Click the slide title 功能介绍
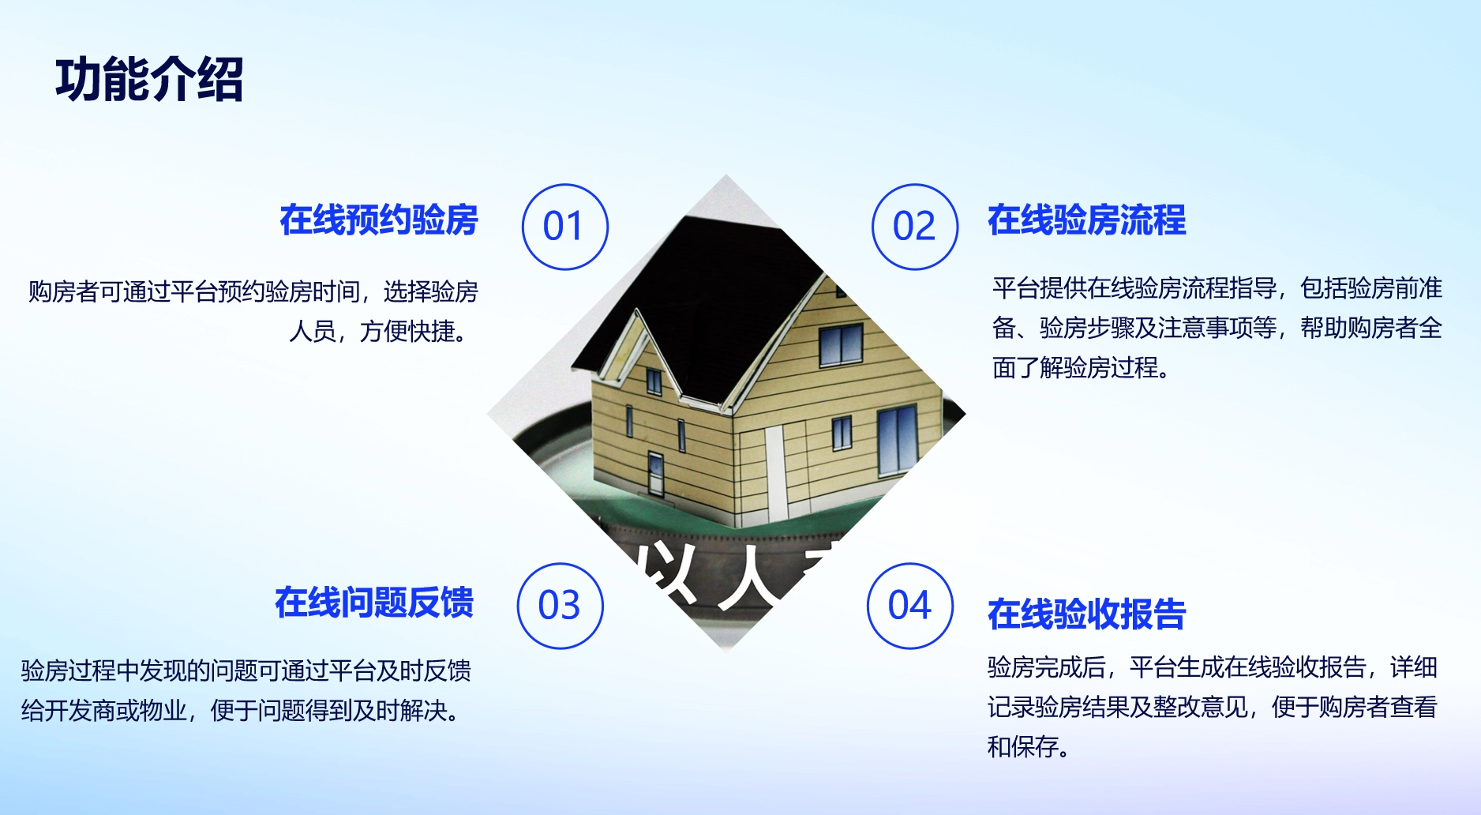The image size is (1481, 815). coord(149,80)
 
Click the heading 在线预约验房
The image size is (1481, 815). coord(379,220)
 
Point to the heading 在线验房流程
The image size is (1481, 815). coord(1087,220)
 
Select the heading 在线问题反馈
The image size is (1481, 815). coord(374,602)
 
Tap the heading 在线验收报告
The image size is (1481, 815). coord(1087,614)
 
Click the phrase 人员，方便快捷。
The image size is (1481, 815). coord(380,331)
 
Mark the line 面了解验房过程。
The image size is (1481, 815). coord(1081,367)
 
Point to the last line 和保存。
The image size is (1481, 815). coord(1029,746)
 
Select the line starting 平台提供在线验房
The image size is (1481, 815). coord(1217,288)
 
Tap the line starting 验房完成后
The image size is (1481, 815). coord(1213,667)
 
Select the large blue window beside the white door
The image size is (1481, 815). coord(898,439)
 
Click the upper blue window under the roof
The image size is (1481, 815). coord(841,345)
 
